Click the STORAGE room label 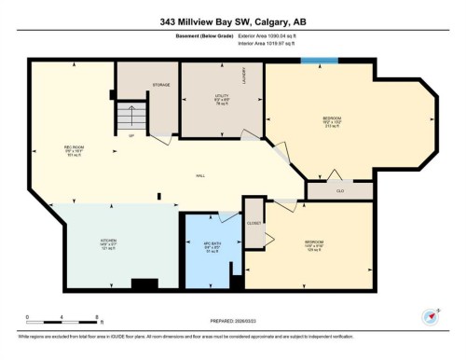[x=160, y=86]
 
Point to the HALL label [x=200, y=176]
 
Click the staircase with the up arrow [x=130, y=117]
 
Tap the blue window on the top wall [x=319, y=62]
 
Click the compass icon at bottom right [x=430, y=318]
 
